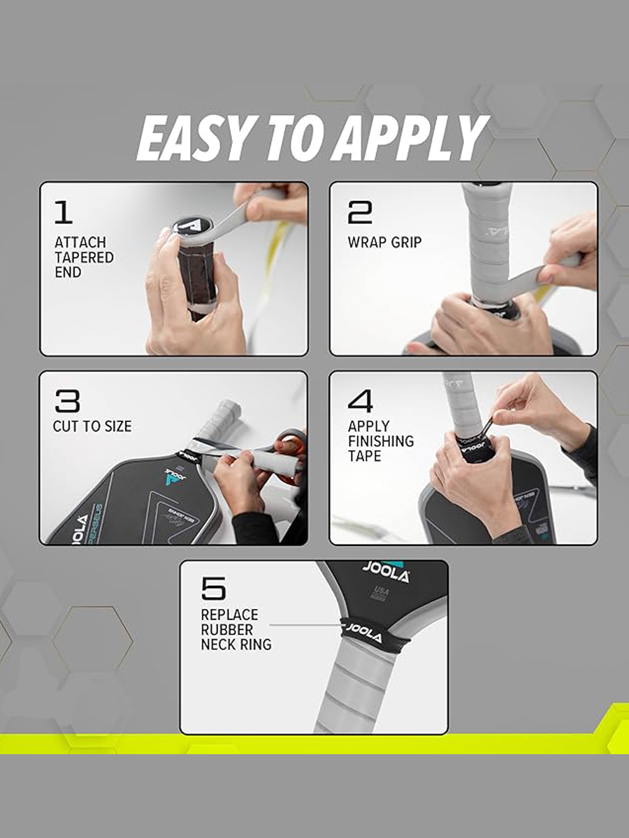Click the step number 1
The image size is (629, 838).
(64, 212)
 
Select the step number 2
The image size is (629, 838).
(359, 212)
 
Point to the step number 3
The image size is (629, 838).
(68, 401)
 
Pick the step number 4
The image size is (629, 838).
(360, 401)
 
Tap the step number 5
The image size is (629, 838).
(213, 588)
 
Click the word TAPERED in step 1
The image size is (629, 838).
(84, 257)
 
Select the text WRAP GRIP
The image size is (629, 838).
(384, 242)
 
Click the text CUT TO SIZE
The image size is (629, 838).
(92, 427)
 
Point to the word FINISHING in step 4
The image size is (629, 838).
(381, 441)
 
